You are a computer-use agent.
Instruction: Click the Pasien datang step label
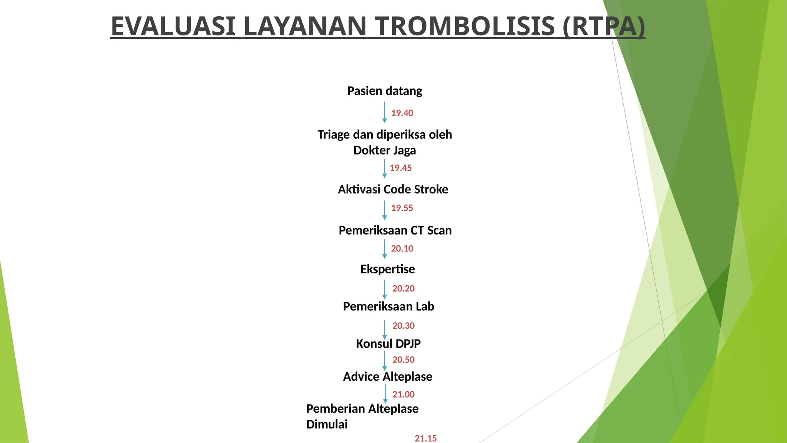(x=385, y=91)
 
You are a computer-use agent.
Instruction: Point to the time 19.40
(x=402, y=113)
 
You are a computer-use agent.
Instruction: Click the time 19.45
(x=400, y=168)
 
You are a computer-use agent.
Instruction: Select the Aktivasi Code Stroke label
(x=393, y=189)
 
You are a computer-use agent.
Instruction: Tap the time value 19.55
(x=402, y=208)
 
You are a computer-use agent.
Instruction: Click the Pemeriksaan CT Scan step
(x=395, y=230)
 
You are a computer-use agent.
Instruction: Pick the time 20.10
(x=402, y=249)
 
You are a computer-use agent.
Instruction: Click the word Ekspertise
(x=387, y=269)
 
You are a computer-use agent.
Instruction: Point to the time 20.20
(x=403, y=288)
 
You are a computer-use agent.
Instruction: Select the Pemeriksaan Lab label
(x=389, y=306)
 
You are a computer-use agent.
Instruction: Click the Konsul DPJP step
(x=388, y=343)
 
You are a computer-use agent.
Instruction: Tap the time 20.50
(x=403, y=360)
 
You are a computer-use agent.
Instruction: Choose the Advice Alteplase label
(x=387, y=376)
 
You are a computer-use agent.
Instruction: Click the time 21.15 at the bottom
(x=425, y=438)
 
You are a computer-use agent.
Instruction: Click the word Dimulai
(x=327, y=424)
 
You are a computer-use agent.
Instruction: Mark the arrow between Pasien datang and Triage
(x=384, y=112)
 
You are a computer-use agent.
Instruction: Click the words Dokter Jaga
(x=384, y=150)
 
